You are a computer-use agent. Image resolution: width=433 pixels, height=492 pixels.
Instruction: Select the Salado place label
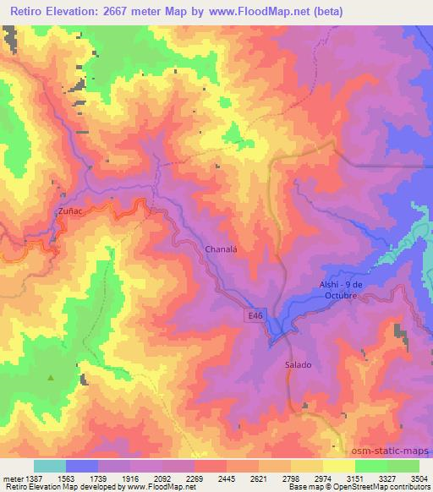coord(298,365)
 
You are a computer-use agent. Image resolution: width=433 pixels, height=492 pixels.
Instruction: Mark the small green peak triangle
coord(52,378)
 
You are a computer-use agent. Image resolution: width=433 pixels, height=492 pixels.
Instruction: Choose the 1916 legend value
coord(129,477)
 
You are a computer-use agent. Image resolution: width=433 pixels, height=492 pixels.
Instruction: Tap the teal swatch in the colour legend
coord(50,466)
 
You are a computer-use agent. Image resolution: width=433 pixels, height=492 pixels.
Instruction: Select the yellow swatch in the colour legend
coord(339,466)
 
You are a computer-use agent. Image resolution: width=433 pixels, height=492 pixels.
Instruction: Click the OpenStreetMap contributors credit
coord(379,487)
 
